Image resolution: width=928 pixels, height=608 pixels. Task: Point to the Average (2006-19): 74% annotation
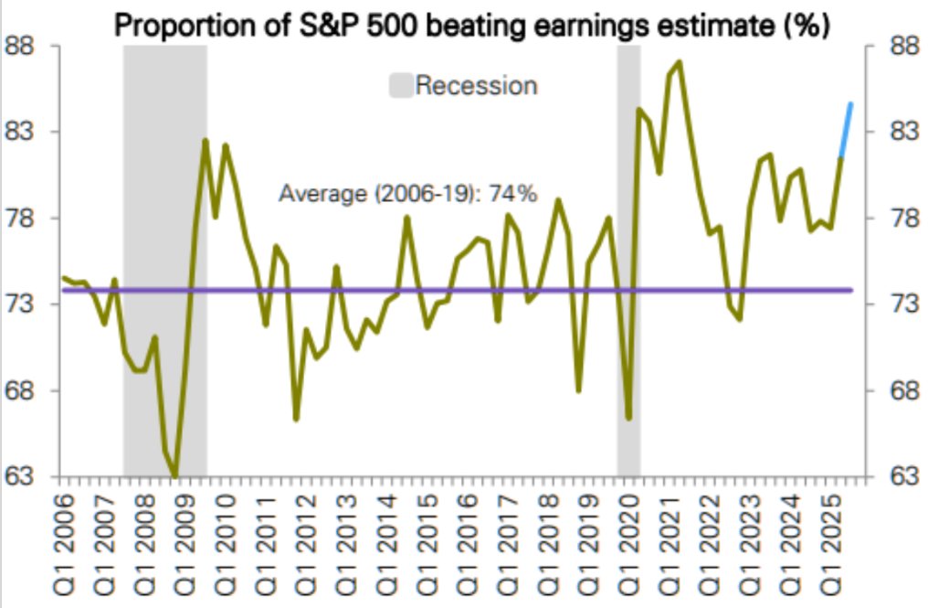[406, 194]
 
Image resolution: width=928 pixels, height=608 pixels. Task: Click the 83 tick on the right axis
[898, 133]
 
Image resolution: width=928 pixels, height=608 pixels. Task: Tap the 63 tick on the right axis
[898, 477]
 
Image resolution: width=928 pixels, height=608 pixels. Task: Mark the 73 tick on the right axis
[898, 304]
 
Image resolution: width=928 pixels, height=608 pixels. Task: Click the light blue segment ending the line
[846, 130]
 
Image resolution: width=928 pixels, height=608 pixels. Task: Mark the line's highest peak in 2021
[679, 62]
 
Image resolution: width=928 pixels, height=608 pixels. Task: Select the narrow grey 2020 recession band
[628, 274]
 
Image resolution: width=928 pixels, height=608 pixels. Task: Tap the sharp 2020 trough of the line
[628, 417]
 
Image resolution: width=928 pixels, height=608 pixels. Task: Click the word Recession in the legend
[476, 86]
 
